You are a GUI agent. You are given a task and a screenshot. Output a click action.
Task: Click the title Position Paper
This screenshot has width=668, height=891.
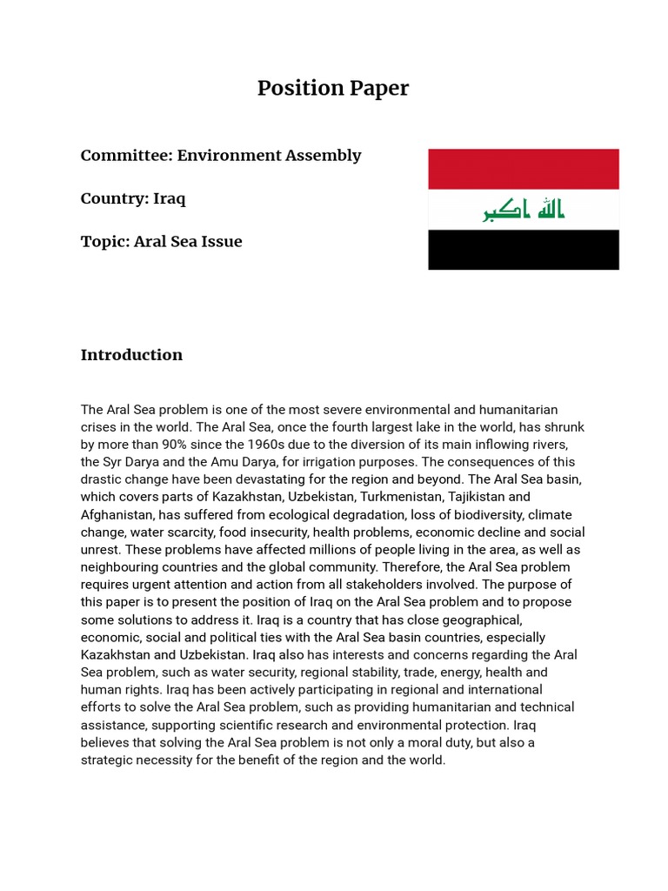332,89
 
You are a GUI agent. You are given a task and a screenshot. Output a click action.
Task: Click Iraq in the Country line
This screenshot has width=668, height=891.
170,198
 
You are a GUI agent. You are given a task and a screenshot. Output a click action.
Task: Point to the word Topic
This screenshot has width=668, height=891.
104,242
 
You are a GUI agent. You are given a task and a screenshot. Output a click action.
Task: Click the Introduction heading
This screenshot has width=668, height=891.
131,355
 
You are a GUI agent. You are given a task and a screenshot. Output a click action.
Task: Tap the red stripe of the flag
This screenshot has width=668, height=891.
523,169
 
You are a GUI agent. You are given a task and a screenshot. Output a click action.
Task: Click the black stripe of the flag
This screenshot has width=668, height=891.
523,250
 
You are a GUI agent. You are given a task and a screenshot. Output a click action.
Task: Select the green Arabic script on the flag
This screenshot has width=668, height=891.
524,210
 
